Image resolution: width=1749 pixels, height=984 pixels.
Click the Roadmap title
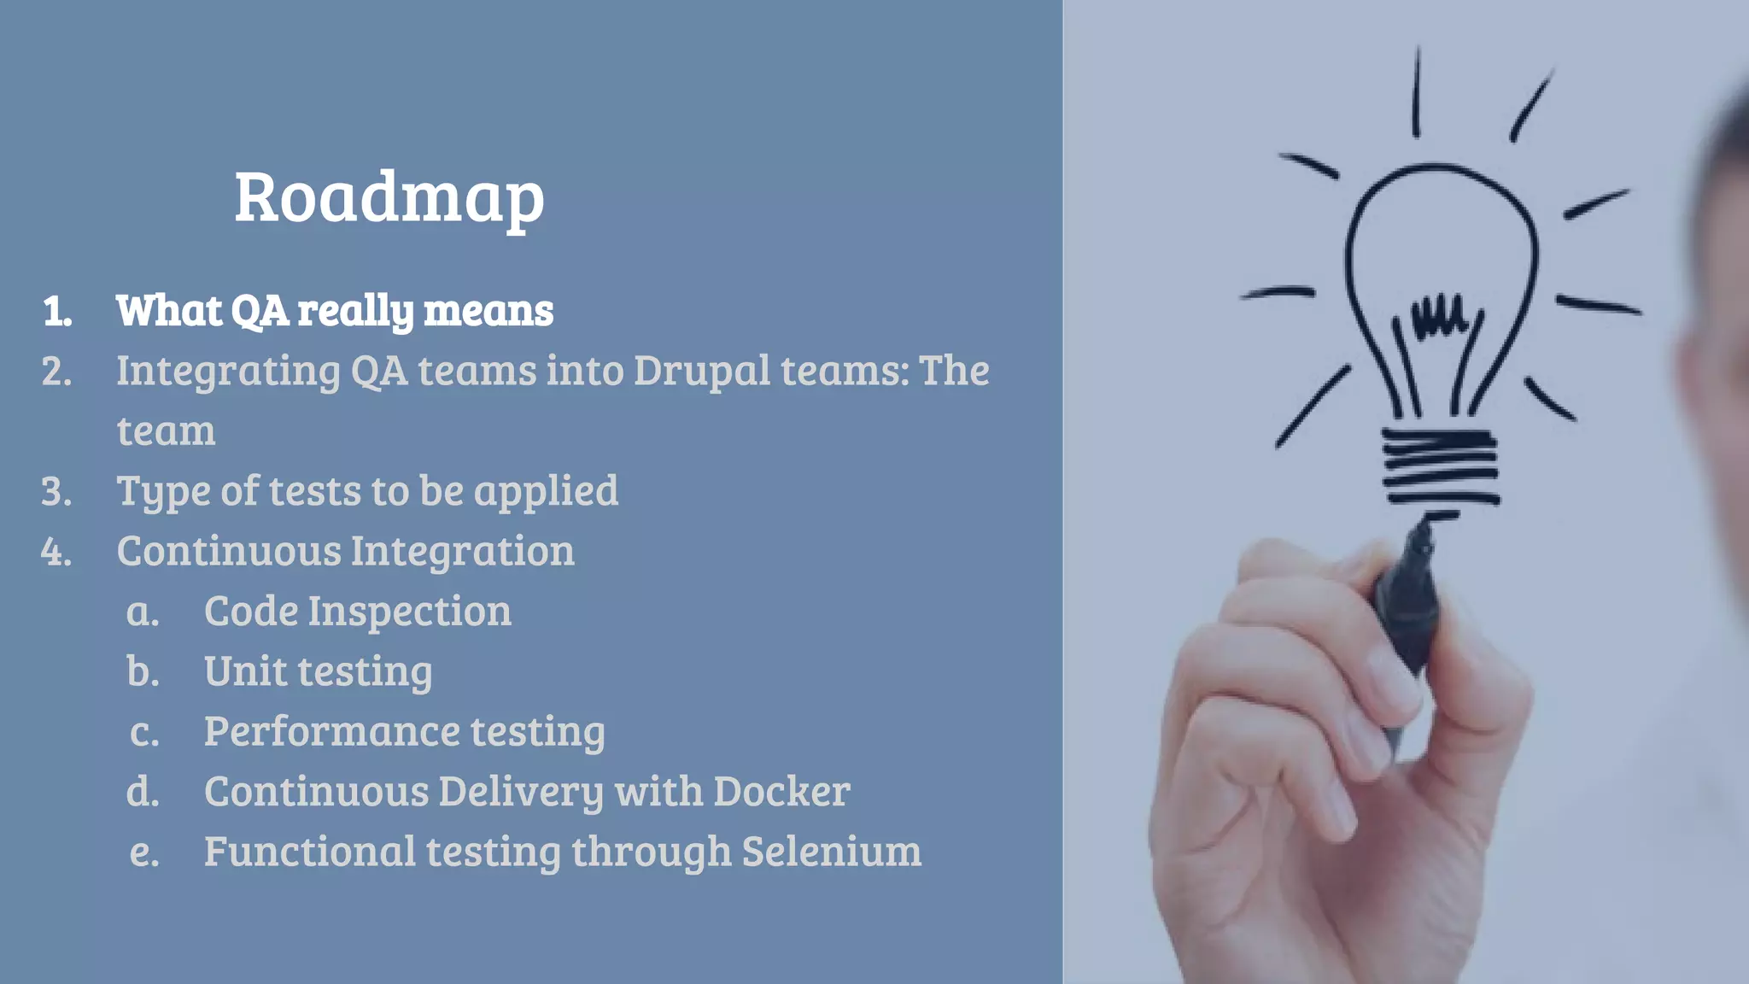[x=389, y=197]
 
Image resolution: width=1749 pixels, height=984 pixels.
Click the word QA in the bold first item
[x=260, y=310]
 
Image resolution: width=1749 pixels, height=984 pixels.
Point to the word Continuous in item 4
[x=228, y=551]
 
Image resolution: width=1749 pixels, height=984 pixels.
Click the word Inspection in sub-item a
[x=410, y=612]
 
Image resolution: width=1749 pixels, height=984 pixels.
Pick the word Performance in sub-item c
[x=330, y=732]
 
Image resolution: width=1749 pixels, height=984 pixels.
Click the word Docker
[x=781, y=792]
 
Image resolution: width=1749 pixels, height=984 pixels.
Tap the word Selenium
[x=831, y=852]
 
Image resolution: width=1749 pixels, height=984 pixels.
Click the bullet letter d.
[x=143, y=792]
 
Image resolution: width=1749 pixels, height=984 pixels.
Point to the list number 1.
[x=56, y=311]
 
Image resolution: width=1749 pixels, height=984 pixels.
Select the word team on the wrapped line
[x=166, y=431]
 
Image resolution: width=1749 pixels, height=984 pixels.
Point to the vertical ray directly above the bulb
[x=1416, y=92]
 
